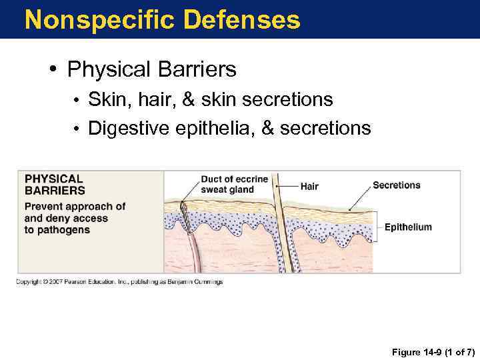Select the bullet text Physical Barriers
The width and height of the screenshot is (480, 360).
pos(151,69)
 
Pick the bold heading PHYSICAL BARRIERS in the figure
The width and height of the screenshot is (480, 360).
pos(55,185)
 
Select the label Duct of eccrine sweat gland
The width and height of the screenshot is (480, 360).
pos(234,184)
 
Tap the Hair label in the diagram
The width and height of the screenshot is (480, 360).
pos(309,187)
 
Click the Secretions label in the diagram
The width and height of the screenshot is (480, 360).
pos(396,185)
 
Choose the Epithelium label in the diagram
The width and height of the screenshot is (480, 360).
pos(408,227)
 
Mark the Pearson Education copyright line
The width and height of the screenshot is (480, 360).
pos(120,282)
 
